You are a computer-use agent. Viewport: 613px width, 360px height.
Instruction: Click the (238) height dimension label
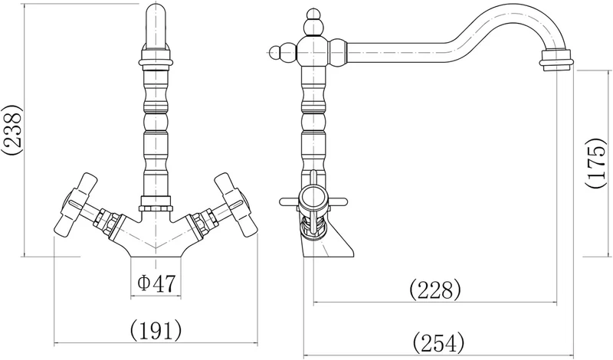tap(11, 130)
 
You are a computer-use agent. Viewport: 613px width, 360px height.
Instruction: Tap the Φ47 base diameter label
tap(157, 283)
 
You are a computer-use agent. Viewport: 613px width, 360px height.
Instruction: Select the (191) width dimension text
tap(156, 330)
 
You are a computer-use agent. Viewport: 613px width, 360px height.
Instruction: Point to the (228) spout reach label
tap(435, 290)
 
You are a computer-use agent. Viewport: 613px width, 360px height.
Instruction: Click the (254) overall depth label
tap(438, 342)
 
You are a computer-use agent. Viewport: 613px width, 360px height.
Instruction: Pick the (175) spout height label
tap(597, 163)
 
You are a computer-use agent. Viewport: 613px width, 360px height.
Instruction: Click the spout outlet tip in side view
tap(556, 61)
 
